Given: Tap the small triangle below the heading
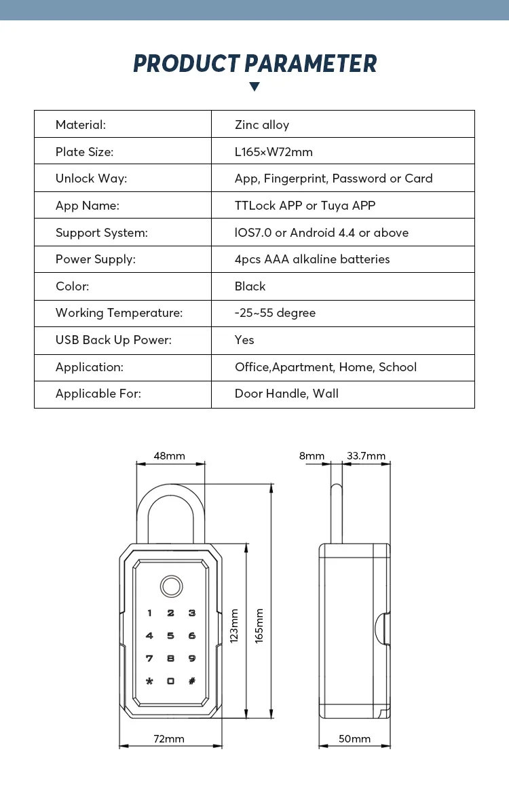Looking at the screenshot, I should click(254, 86).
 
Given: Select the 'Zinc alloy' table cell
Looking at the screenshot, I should click(262, 125).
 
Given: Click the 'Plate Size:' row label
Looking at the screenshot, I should click(84, 152).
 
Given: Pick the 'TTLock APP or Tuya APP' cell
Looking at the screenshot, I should click(305, 206).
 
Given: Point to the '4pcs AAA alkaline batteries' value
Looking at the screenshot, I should click(312, 259).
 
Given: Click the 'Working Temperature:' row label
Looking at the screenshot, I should click(119, 313).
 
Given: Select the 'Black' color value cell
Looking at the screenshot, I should click(250, 286).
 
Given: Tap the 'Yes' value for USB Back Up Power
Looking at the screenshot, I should click(244, 340).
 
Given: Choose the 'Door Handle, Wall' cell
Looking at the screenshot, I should click(286, 394).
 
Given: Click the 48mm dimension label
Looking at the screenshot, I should click(169, 456).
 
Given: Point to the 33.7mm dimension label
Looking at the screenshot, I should click(366, 456).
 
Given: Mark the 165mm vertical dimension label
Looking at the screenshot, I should click(259, 626).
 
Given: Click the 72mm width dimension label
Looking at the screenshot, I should click(169, 739).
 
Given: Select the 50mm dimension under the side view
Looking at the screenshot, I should click(354, 739).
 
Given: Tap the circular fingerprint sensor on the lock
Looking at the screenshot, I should click(170, 586).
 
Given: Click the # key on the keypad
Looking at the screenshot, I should click(192, 681).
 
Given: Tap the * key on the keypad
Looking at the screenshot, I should click(149, 681).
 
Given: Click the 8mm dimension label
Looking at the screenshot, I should click(312, 456).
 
